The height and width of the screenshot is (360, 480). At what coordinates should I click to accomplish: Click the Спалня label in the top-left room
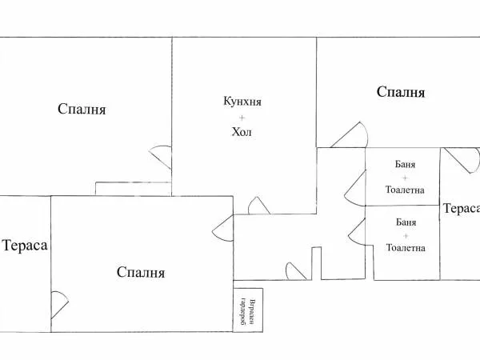tap(82, 109)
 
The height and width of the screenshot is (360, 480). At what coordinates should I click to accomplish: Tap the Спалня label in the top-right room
tap(400, 92)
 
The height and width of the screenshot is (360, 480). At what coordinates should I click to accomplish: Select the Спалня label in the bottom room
tap(141, 273)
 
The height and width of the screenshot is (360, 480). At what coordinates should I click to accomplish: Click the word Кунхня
tap(242, 102)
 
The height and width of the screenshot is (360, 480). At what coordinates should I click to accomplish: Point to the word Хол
tap(242, 132)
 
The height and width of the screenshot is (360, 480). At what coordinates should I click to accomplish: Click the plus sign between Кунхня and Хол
tap(242, 117)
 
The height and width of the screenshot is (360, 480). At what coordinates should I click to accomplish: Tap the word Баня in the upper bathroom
tap(405, 164)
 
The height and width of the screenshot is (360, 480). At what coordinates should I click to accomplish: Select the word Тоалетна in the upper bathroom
tap(405, 191)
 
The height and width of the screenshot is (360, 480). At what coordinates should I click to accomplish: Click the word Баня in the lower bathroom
tap(405, 221)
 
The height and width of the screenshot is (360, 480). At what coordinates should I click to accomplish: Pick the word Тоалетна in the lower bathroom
tap(405, 248)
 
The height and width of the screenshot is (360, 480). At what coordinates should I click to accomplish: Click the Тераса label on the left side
tap(25, 246)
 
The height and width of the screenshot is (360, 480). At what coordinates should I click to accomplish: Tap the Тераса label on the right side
tap(461, 209)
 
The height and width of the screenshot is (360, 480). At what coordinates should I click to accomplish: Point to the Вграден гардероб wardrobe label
tap(247, 311)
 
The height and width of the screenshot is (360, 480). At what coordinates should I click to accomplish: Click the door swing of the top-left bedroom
tap(161, 155)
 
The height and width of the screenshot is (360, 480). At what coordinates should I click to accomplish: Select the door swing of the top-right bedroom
tap(350, 135)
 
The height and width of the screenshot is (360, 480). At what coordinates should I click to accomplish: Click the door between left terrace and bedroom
tap(59, 305)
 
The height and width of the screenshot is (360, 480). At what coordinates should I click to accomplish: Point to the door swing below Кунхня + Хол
tap(258, 206)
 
